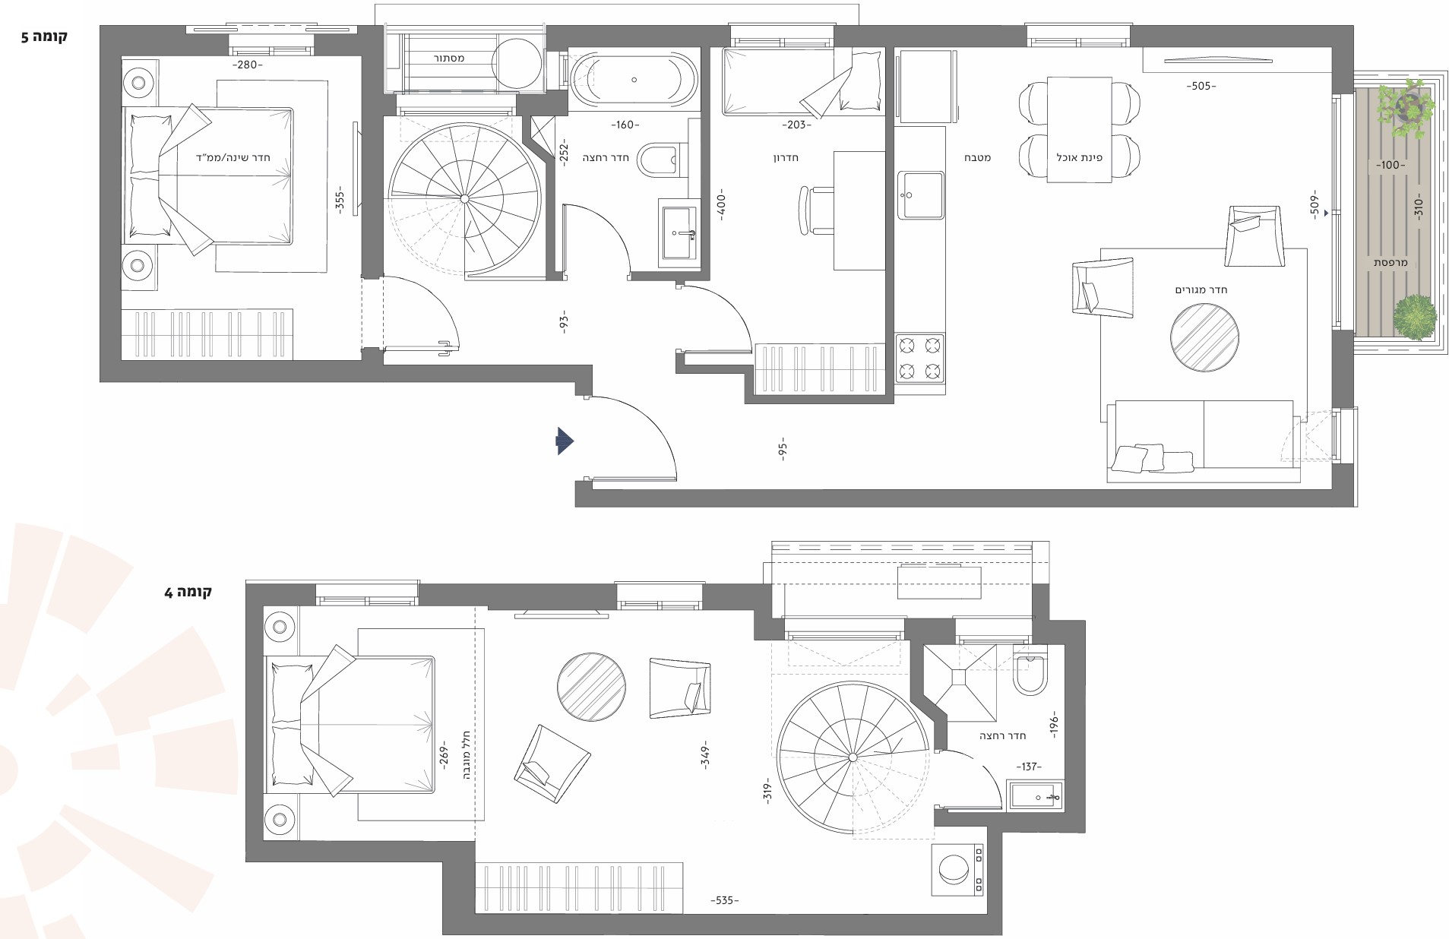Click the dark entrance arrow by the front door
[565, 441]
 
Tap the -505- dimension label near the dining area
[1201, 86]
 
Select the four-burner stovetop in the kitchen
[920, 359]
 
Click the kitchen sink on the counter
[920, 194]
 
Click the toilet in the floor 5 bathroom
[656, 160]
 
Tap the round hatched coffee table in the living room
[1204, 337]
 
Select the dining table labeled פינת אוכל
[1079, 129]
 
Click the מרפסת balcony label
[1390, 263]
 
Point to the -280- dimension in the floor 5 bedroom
[248, 65]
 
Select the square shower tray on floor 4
[959, 682]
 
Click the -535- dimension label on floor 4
[724, 900]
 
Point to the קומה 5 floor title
[45, 36]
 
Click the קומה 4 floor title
[188, 592]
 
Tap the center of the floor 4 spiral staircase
[853, 757]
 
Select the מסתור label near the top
[449, 58]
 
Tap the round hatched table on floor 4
[591, 687]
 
